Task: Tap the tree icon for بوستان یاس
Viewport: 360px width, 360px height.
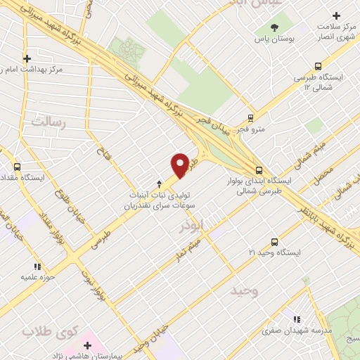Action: [275, 28]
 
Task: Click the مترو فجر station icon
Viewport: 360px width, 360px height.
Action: [251, 118]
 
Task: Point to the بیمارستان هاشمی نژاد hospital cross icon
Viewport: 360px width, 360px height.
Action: [87, 345]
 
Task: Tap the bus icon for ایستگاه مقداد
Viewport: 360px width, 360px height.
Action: [18, 167]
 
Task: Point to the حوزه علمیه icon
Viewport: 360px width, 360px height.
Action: [37, 266]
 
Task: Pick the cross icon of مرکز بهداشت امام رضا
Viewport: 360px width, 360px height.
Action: [27, 59]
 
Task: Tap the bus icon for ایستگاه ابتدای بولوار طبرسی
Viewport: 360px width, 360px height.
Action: [259, 169]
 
